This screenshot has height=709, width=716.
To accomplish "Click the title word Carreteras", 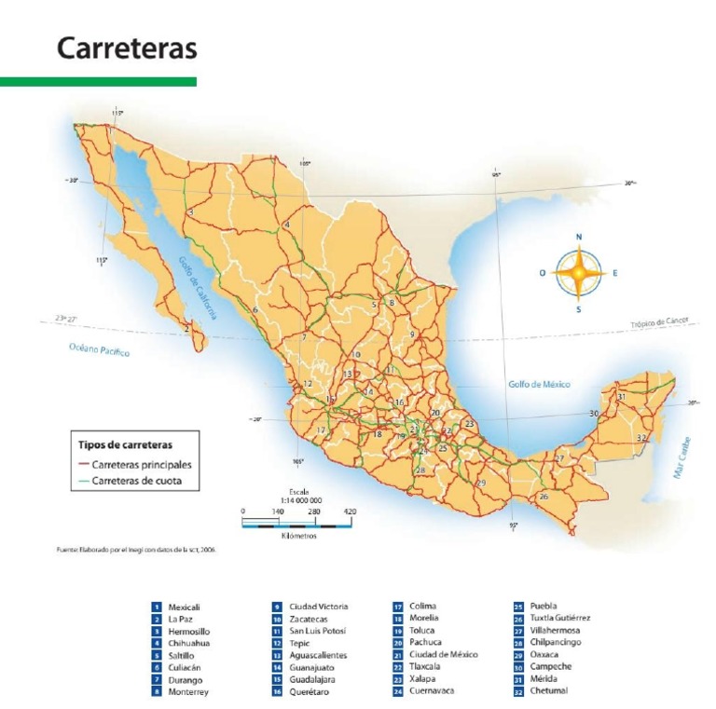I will [127, 48].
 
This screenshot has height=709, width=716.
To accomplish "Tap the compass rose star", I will [578, 273].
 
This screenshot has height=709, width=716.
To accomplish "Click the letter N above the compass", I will [579, 238].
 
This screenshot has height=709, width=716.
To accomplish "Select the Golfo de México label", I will [539, 384].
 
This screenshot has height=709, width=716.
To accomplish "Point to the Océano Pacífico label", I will [99, 350].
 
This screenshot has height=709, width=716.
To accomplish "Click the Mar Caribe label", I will [682, 457].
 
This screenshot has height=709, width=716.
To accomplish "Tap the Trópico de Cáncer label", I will [658, 322].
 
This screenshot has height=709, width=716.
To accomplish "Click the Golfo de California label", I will [198, 288].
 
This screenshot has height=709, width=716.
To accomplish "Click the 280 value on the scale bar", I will [314, 511].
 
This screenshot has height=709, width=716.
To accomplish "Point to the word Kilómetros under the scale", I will [298, 537].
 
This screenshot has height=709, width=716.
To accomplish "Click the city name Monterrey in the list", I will [188, 692].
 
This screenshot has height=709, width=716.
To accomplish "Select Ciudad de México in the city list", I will [443, 655].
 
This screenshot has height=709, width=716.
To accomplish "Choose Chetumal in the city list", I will [548, 691].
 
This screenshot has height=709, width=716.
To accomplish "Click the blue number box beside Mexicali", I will [157, 607].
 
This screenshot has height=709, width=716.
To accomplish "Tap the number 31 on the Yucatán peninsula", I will [621, 397].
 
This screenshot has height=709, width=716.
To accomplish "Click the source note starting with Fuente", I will [136, 550].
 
